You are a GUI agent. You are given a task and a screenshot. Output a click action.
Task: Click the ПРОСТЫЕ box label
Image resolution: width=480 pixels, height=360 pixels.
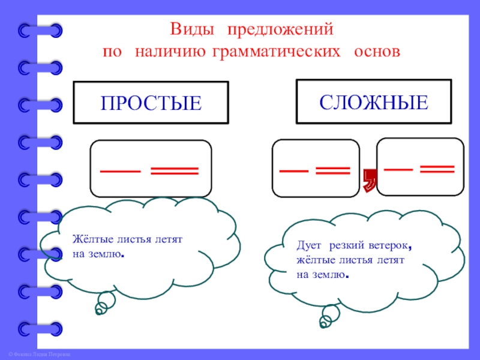[151, 103]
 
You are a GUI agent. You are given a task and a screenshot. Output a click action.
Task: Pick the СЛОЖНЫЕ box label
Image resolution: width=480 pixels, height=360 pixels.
[373, 101]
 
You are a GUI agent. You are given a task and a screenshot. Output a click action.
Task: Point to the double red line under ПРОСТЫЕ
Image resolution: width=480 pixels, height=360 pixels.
[174, 172]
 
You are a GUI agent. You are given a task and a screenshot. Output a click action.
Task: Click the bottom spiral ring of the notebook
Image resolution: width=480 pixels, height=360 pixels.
[40, 328]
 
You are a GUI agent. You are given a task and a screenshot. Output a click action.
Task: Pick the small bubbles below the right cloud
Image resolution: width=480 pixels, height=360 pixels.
[329, 316]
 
